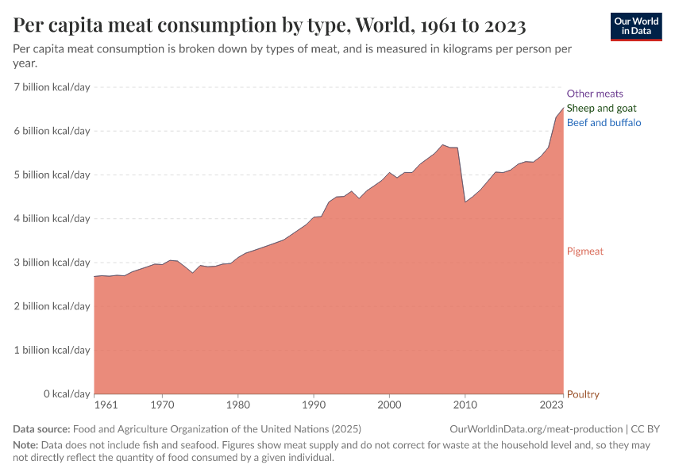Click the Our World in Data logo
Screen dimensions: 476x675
coord(636,26)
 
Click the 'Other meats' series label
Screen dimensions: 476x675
coord(595,94)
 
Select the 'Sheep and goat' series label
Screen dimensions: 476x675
coord(601,108)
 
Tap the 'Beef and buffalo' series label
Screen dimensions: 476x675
coord(604,122)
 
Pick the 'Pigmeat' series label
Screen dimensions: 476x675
coord(584,251)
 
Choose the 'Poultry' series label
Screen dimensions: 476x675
coord(583,394)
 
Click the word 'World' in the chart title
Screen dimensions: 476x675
coord(382,26)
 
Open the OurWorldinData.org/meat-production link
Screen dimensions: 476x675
coord(536,429)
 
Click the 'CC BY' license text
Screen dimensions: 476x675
coord(646,429)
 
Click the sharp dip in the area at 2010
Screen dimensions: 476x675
coord(465,203)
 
